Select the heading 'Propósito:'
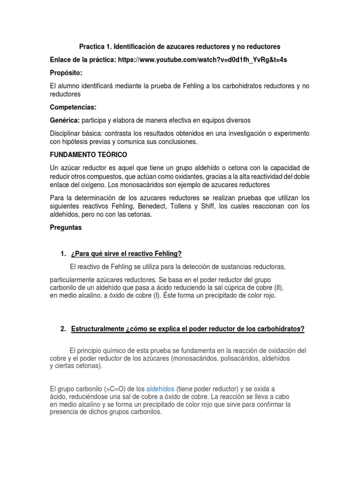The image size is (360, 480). [66, 74]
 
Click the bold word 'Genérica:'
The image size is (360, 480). [65, 120]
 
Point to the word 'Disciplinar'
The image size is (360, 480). [66, 134]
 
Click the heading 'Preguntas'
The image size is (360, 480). [66, 227]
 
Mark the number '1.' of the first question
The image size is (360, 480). [63, 254]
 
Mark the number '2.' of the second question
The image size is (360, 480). [63, 329]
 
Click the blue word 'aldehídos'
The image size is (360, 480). [160, 389]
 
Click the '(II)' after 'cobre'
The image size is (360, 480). [278, 287]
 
